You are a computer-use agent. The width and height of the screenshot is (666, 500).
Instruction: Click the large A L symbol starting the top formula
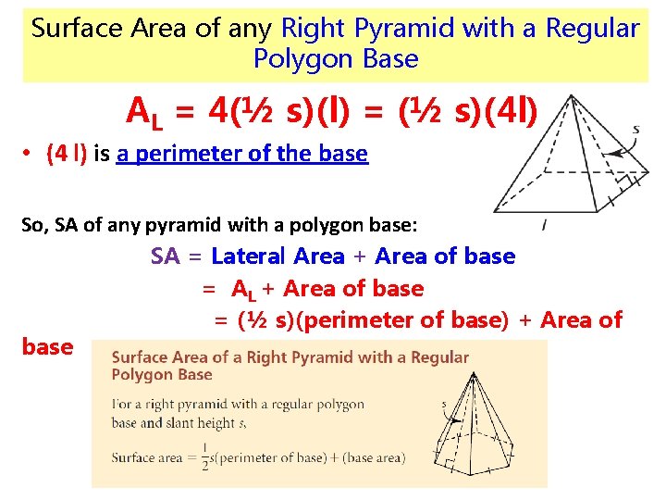coord(144,115)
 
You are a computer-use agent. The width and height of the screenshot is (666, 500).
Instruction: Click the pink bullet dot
coord(29,155)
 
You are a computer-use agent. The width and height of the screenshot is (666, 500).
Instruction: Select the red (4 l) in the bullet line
coord(66,154)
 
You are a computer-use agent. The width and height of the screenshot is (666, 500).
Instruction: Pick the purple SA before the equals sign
coord(166,256)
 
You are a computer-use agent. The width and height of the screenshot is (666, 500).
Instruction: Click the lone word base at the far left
coord(47,346)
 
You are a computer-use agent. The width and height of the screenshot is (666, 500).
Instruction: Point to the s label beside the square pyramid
coord(635,130)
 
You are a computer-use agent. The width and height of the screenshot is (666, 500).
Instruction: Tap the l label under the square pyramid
coord(543,224)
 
